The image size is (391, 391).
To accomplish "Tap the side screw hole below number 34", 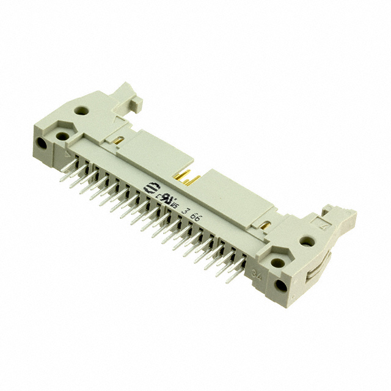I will click(x=282, y=286).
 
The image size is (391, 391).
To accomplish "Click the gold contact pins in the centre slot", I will click(x=188, y=178).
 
